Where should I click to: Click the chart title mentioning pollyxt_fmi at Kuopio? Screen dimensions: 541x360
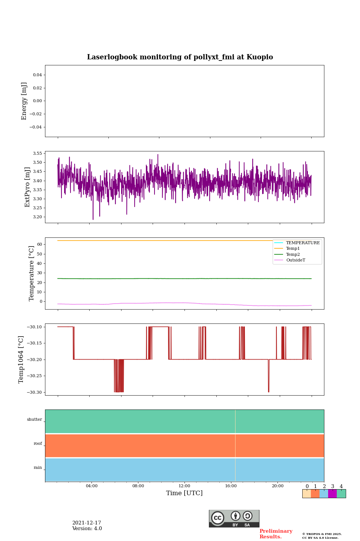tap(180, 57)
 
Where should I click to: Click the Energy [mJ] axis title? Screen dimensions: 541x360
tap(24, 101)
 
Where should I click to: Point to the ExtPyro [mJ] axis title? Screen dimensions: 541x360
tap(27, 187)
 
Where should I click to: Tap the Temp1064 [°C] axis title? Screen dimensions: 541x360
tap(21, 360)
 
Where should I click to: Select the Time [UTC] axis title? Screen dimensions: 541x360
tap(184, 493)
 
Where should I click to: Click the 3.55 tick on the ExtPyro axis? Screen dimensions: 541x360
tap(37, 154)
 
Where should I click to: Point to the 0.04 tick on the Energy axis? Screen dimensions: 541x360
tap(37, 75)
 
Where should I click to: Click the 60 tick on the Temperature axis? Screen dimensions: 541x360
tap(39, 245)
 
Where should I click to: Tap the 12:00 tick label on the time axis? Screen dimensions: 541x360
tap(184, 486)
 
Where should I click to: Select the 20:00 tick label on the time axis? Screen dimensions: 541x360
tap(277, 486)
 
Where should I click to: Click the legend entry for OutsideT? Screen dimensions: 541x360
tap(295, 260)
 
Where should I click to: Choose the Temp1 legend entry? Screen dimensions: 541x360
tap(293, 249)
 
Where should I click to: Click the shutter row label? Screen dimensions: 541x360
tap(34, 420)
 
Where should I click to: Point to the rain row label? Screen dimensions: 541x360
tap(38, 468)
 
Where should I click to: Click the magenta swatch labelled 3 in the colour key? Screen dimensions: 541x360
tap(332, 494)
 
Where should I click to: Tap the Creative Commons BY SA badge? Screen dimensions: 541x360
tap(234, 518)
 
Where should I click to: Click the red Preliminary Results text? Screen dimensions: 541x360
tap(276, 534)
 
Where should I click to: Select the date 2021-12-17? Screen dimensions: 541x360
tap(87, 523)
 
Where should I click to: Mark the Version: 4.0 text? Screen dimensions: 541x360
tap(87, 529)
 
